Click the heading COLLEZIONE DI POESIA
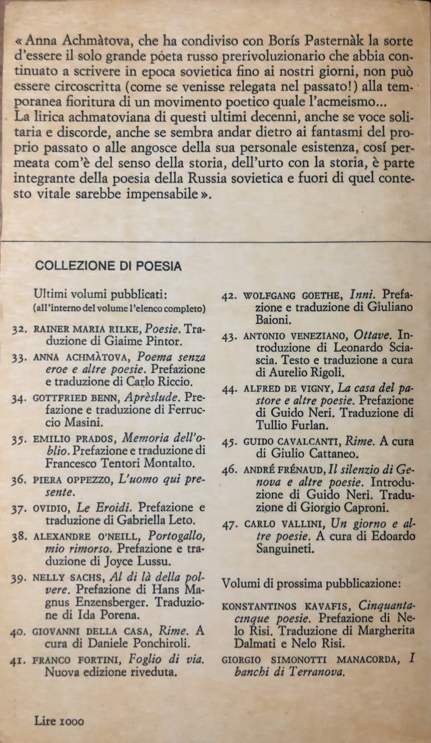[x=108, y=266]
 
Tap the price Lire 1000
[x=59, y=722]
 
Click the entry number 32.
[x=20, y=329]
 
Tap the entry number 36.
[x=20, y=481]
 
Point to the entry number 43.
[x=230, y=337]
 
